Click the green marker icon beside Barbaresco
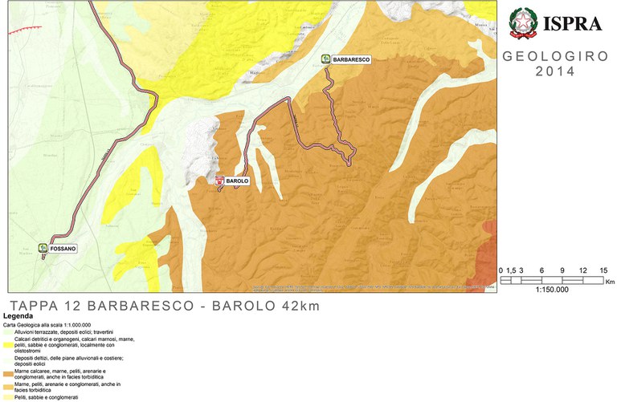click(x=325, y=59)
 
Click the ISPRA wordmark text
click(x=574, y=24)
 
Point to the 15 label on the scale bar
click(x=603, y=270)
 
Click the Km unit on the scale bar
click(x=610, y=282)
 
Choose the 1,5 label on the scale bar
click(x=510, y=270)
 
